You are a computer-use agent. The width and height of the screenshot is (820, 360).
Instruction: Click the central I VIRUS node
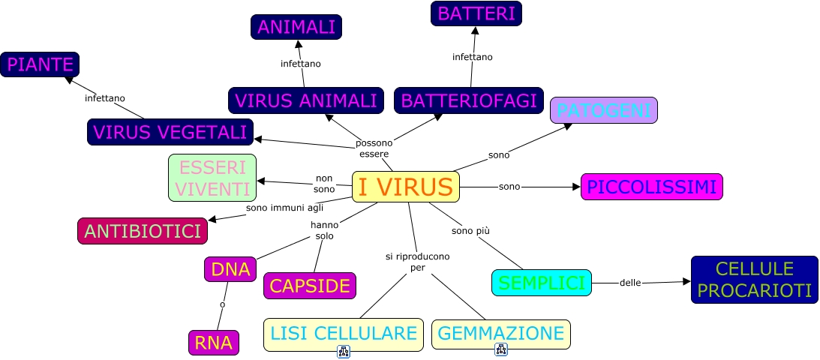(x=405, y=187)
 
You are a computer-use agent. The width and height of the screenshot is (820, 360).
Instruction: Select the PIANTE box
(x=40, y=65)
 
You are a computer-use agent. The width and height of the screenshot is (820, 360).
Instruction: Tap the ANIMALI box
(x=296, y=27)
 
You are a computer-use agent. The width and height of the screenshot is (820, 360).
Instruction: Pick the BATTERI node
(x=476, y=13)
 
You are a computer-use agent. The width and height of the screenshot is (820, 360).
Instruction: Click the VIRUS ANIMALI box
(x=306, y=100)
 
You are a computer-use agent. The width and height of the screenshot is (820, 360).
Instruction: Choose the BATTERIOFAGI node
(x=469, y=100)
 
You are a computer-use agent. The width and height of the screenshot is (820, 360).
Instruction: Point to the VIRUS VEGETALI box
(x=170, y=132)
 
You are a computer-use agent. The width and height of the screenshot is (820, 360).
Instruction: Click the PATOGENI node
(x=603, y=110)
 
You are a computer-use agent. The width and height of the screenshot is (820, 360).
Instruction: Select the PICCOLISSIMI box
(x=652, y=187)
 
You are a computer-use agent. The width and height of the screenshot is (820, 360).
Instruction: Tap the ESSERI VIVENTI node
(x=212, y=178)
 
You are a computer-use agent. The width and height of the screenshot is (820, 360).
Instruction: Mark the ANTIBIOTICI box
(x=143, y=231)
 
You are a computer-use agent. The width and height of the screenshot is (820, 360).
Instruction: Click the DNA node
(x=230, y=269)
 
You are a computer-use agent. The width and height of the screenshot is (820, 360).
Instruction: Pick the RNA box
(x=214, y=343)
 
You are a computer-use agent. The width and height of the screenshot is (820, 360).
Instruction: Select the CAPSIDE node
(x=310, y=286)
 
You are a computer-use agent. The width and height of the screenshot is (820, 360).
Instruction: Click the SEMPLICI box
(x=542, y=283)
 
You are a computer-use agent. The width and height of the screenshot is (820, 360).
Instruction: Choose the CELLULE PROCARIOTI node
(x=754, y=280)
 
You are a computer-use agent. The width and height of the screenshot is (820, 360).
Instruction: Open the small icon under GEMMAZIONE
(x=501, y=349)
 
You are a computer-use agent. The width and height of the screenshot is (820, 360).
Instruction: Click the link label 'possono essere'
(x=374, y=148)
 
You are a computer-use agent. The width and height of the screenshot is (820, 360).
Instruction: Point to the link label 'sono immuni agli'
(x=284, y=207)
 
